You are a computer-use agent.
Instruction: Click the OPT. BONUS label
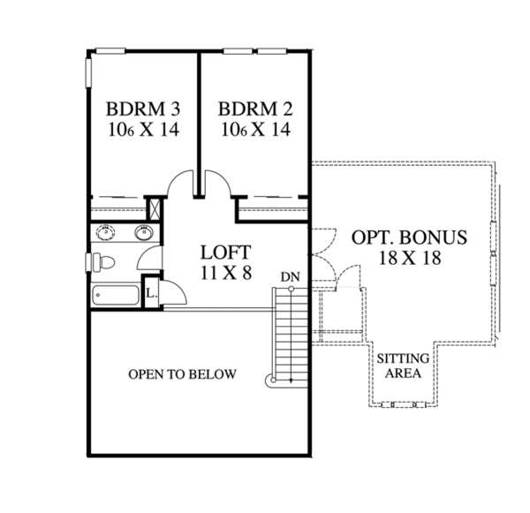[x=408, y=238]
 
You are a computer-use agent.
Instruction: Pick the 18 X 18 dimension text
[x=408, y=259]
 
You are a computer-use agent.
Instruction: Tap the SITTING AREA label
[x=404, y=366]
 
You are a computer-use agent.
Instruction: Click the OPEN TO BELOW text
[x=183, y=374]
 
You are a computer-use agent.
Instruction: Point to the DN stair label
[x=291, y=277]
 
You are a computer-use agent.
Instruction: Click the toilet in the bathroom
[x=103, y=262]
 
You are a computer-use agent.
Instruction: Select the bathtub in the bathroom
[x=115, y=296]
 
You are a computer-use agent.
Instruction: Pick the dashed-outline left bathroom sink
[x=105, y=234]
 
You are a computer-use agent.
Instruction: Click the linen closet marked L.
[x=151, y=293]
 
